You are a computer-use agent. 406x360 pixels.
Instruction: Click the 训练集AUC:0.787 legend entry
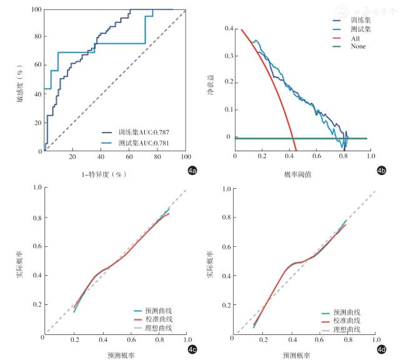[x=144, y=132]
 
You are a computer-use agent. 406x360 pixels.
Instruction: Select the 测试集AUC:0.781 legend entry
[x=144, y=143]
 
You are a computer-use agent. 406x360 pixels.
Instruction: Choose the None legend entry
[x=359, y=46]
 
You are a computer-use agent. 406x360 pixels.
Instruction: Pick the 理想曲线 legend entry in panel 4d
[x=347, y=329]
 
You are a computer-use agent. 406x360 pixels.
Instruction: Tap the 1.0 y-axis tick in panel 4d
[x=227, y=187]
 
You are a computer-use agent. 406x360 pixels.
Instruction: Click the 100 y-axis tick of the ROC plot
[x=36, y=10]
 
